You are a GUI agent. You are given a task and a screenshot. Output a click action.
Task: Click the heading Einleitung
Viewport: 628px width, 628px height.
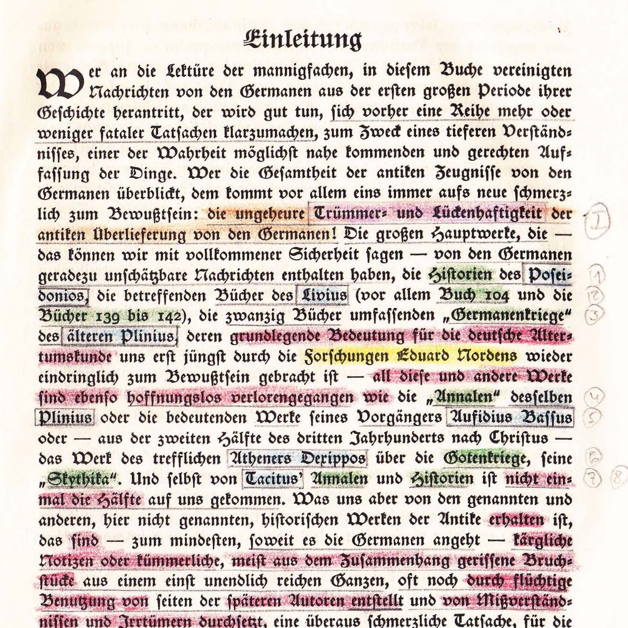303,40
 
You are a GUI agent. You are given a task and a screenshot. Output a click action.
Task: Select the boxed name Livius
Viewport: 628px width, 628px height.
322,295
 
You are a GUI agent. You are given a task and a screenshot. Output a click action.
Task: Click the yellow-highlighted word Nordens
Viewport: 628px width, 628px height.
486,357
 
